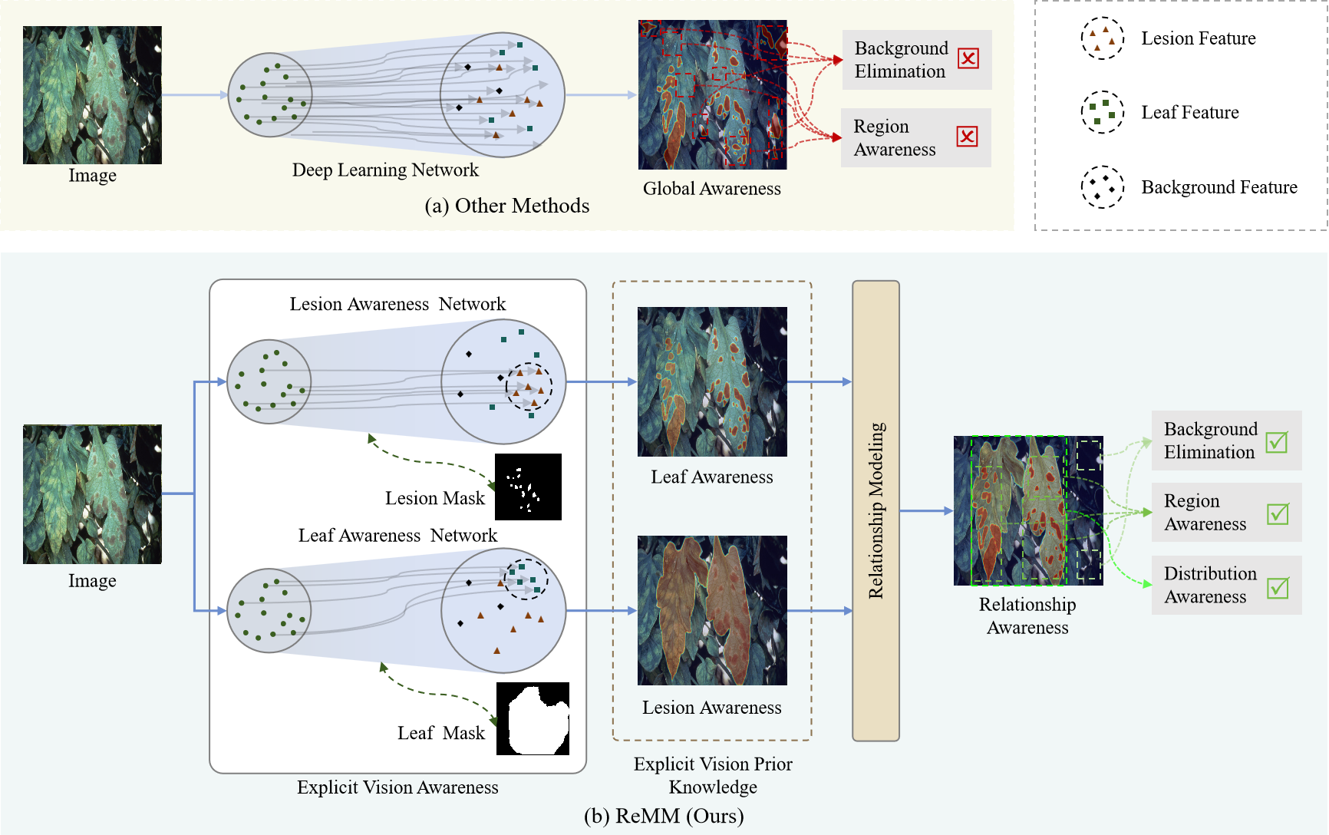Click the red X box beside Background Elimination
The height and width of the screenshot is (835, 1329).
point(968,58)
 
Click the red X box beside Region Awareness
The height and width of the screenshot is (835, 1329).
point(967,137)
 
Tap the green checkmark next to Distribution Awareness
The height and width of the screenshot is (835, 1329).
point(1278,588)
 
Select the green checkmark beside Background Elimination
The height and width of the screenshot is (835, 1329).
point(1277,442)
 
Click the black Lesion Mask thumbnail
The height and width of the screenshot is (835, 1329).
point(528,487)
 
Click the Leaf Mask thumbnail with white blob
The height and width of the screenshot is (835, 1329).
point(533,718)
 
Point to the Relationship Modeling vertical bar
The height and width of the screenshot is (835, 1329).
point(876,510)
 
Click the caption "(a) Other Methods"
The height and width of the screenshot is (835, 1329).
point(506,206)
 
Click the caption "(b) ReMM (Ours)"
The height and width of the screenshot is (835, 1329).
point(664,816)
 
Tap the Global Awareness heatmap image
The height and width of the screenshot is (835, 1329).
point(712,94)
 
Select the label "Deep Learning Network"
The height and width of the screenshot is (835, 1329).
point(385,170)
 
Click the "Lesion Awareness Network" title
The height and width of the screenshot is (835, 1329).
point(397,304)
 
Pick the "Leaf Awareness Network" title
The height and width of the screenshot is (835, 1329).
point(397,535)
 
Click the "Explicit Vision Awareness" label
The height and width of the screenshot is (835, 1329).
point(397,787)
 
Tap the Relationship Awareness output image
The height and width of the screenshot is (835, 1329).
point(1028,510)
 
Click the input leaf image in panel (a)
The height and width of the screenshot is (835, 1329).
point(92,95)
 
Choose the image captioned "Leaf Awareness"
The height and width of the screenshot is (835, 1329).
point(712,381)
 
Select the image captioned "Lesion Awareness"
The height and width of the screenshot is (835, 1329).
point(712,610)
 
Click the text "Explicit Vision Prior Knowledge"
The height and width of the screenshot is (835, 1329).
point(713,775)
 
